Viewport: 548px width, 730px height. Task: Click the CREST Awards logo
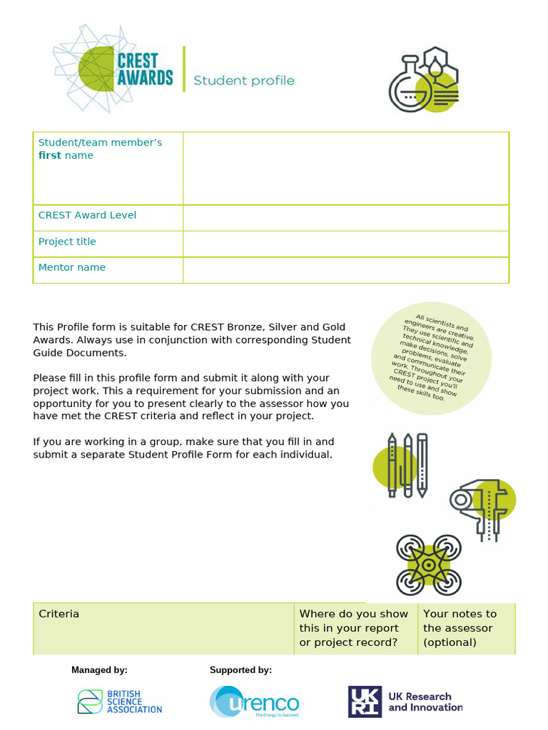click(x=114, y=68)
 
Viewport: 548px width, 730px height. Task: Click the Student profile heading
click(x=244, y=81)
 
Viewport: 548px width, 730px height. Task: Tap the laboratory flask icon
click(x=423, y=80)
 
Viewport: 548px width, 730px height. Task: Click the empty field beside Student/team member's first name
click(x=345, y=168)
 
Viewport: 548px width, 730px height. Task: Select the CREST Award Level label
click(x=87, y=215)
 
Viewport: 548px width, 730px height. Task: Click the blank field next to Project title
click(x=345, y=244)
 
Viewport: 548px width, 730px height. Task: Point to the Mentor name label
click(x=72, y=267)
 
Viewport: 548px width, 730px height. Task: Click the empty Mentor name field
click(x=345, y=270)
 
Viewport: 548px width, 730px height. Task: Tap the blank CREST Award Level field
click(x=345, y=217)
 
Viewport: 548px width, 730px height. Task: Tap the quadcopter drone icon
click(x=429, y=565)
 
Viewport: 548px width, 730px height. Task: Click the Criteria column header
click(x=59, y=614)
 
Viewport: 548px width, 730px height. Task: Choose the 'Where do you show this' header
click(x=354, y=628)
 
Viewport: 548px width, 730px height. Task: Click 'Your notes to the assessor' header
click(x=460, y=628)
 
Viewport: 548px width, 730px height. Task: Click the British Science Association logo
click(x=120, y=701)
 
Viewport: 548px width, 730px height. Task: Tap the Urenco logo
click(x=255, y=702)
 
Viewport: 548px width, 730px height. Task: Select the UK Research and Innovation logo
click(x=405, y=701)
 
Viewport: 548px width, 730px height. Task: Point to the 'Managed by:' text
click(x=99, y=670)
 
